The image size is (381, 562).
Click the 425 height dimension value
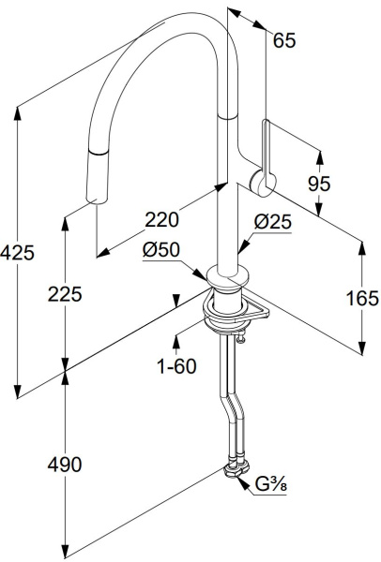(x=17, y=253)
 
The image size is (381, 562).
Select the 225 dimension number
(x=65, y=294)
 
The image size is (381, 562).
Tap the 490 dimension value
(x=65, y=465)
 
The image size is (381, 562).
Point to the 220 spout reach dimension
(x=161, y=219)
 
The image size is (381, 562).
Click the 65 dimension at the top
(x=284, y=40)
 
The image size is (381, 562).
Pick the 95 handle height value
(x=319, y=184)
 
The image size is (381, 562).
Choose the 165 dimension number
(x=362, y=298)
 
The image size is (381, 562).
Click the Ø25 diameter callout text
(x=273, y=222)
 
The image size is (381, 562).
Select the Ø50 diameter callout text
(x=160, y=250)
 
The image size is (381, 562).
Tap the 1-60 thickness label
(x=177, y=366)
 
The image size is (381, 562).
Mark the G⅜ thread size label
(x=271, y=484)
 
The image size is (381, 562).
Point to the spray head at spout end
(x=98, y=176)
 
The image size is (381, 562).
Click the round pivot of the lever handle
(x=263, y=183)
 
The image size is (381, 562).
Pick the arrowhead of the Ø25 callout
(x=243, y=247)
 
